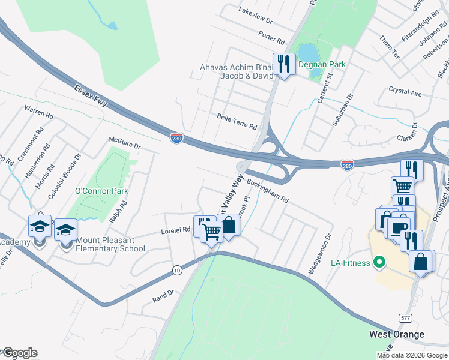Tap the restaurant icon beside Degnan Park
(283, 64)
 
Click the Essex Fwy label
(91, 95)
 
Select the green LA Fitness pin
(379, 262)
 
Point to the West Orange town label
(396, 334)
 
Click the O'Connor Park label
(101, 191)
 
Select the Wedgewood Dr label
(320, 254)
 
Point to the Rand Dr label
(163, 293)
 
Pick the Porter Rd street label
(271, 37)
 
